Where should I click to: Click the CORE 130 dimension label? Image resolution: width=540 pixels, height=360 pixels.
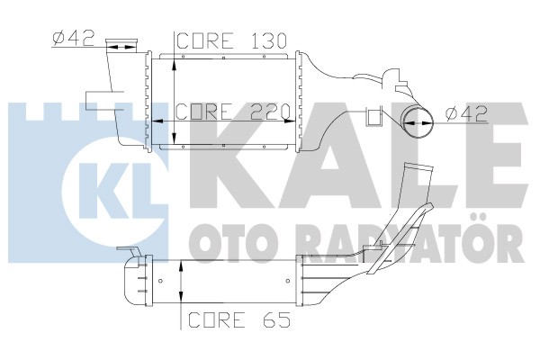(x=231, y=41)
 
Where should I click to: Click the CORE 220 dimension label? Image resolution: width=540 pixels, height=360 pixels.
(x=233, y=112)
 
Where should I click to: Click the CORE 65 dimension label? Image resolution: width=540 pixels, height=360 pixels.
(x=239, y=319)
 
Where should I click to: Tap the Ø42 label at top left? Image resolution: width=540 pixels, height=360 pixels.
(x=74, y=38)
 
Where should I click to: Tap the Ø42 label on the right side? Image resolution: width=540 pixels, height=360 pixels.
(x=466, y=113)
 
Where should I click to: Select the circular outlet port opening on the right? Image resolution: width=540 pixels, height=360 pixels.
(x=417, y=122)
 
